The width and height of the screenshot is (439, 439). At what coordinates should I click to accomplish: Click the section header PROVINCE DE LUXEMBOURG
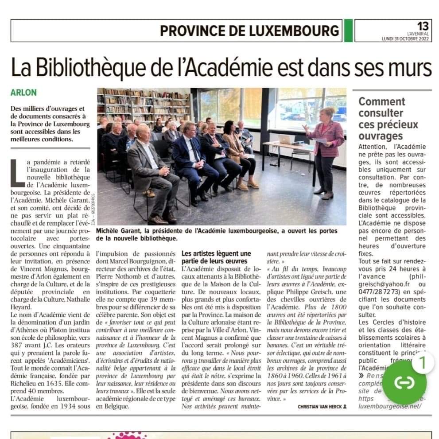[249, 31]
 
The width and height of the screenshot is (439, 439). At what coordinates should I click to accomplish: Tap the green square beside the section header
[348, 31]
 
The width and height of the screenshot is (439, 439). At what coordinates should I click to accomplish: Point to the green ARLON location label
[24, 93]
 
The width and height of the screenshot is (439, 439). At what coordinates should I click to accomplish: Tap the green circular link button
[404, 382]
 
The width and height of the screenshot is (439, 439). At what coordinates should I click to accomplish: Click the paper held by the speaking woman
[319, 140]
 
